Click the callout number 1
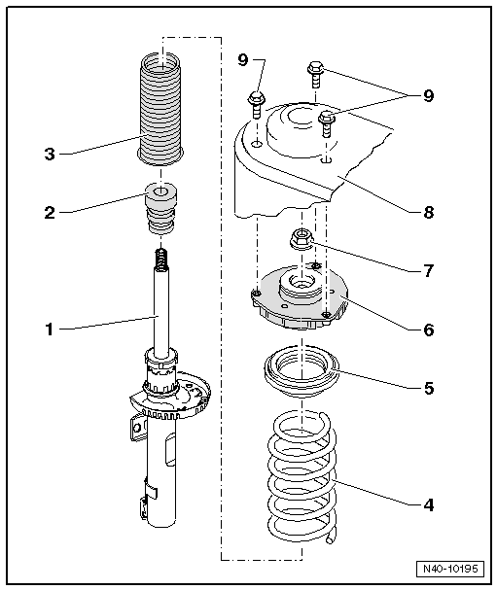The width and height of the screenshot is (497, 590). (50, 330)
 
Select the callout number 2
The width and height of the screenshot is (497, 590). (50, 213)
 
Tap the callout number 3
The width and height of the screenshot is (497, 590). (50, 154)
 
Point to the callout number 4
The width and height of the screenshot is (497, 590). (429, 504)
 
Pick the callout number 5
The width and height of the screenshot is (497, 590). (429, 388)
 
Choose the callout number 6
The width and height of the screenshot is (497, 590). (429, 330)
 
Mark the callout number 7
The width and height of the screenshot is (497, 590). (429, 270)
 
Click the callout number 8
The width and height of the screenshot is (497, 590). (429, 212)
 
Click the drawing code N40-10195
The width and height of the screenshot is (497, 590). (450, 569)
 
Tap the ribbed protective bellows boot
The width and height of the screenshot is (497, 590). (160, 109)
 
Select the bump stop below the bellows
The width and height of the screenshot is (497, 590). (160, 208)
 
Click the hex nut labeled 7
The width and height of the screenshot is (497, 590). (302, 238)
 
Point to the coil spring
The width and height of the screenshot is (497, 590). (302, 476)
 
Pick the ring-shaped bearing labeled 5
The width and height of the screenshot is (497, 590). (302, 371)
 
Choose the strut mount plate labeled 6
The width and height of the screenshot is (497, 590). (301, 297)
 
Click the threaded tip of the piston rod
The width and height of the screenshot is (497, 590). (160, 260)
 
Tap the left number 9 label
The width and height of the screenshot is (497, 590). (243, 59)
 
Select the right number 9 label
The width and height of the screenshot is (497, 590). (429, 95)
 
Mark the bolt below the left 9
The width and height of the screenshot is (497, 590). (257, 105)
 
